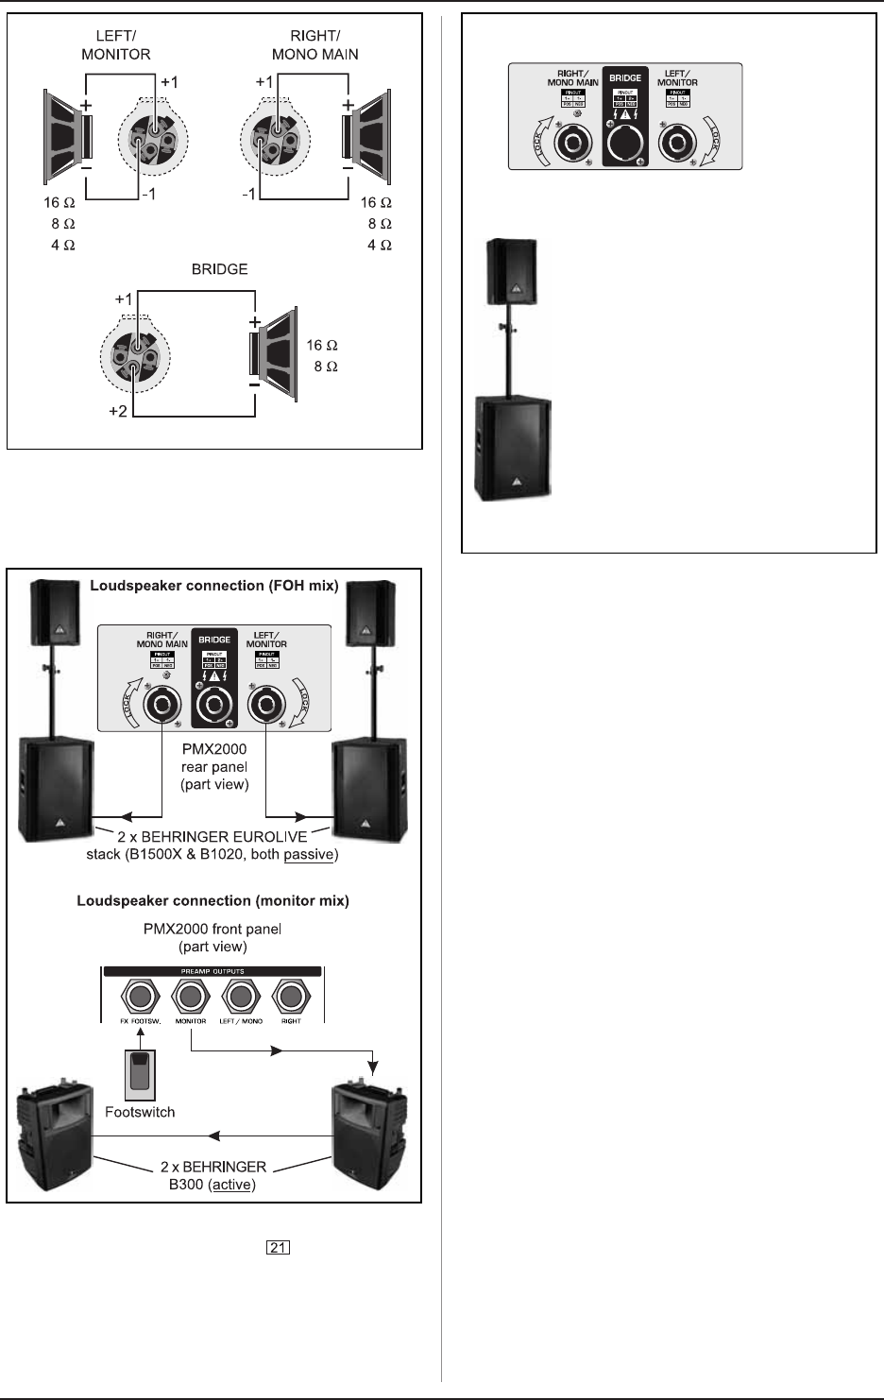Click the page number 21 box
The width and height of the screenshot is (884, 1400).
(278, 1248)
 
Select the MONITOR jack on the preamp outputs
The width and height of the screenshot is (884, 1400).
(192, 996)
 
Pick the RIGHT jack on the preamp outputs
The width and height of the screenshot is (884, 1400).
(291, 996)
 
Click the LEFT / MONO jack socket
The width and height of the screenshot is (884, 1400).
(241, 996)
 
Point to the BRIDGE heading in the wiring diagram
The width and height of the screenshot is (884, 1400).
(218, 269)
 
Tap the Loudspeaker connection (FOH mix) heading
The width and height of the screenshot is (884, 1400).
(213, 586)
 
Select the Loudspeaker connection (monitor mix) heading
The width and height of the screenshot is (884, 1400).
(212, 900)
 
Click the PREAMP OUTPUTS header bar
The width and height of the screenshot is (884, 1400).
(212, 971)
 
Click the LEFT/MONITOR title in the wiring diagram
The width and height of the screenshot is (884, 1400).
(115, 45)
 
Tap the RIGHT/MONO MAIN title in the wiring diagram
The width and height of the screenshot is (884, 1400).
(314, 45)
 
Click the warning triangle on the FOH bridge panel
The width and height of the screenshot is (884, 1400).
(214, 675)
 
